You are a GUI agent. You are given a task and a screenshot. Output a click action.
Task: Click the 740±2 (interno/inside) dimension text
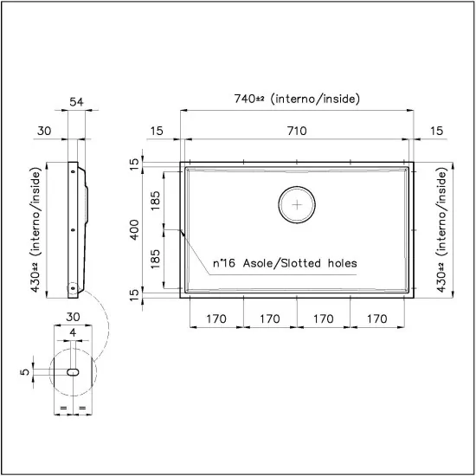coord(296,99)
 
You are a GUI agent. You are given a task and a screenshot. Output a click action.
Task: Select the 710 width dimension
coord(297,131)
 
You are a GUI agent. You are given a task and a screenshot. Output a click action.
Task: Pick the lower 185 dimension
coord(157,261)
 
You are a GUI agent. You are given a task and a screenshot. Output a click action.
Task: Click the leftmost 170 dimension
coord(216,318)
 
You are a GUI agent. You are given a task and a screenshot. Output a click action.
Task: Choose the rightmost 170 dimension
coord(376,318)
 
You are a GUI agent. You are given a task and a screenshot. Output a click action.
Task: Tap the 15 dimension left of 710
coord(156,131)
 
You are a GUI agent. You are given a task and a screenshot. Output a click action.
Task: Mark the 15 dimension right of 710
coord(436,131)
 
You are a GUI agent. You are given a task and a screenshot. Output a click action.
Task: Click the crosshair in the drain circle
coord(297,205)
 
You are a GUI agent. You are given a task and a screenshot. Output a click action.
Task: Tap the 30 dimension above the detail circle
coord(73,317)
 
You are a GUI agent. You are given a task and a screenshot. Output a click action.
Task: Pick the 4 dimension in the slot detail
coord(73,332)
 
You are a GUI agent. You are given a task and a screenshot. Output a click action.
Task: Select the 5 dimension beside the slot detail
coord(26,371)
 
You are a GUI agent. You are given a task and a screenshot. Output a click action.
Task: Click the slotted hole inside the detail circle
coord(74,371)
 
